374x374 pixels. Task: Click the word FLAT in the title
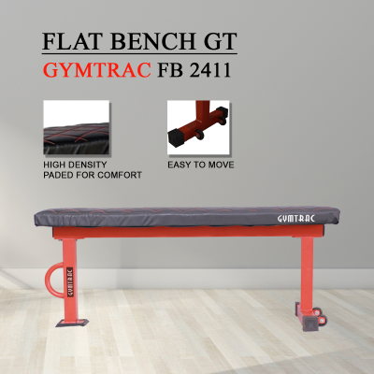pyautogui.click(x=73, y=41)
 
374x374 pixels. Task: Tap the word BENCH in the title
pyautogui.click(x=152, y=41)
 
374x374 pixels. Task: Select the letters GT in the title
pyautogui.click(x=220, y=41)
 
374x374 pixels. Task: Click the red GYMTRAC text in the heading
pyautogui.click(x=97, y=70)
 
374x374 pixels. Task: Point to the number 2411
pyautogui.click(x=210, y=70)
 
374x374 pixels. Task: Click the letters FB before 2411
pyautogui.click(x=170, y=70)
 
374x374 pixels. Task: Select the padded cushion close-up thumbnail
pyautogui.click(x=77, y=127)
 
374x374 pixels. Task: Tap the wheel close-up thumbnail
pyautogui.click(x=198, y=127)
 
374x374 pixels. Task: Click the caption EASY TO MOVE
pyautogui.click(x=201, y=165)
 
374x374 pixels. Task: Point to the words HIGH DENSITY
pyautogui.click(x=75, y=165)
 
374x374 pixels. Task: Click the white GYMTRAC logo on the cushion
pyautogui.click(x=296, y=219)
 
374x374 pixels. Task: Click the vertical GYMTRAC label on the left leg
pyautogui.click(x=70, y=282)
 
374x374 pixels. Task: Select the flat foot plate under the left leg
pyautogui.click(x=72, y=323)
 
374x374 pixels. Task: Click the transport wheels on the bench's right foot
pyautogui.click(x=320, y=315)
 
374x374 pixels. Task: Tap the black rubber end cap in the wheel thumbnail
pyautogui.click(x=177, y=137)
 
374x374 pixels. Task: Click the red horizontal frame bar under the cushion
pyautogui.click(x=188, y=232)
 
